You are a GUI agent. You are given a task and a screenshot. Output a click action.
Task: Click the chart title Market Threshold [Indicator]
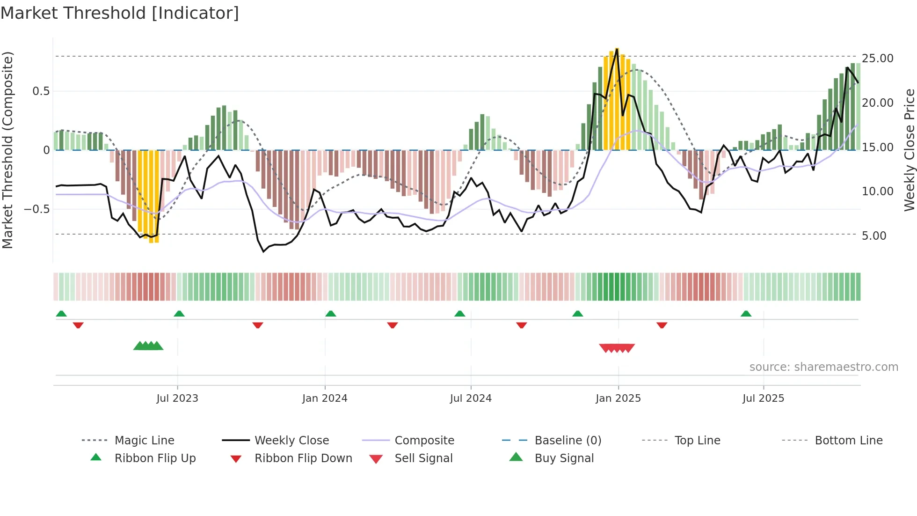tap(120, 13)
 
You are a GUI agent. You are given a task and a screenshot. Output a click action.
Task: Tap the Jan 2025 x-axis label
tap(618, 398)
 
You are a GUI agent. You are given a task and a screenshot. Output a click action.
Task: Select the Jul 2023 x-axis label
tap(177, 398)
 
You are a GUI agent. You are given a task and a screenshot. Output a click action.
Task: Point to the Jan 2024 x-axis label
tap(325, 398)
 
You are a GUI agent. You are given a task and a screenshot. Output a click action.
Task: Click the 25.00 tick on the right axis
tap(877, 59)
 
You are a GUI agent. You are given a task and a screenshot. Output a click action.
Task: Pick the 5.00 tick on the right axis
tap(874, 236)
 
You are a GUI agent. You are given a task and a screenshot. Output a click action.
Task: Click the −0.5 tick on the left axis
tap(36, 209)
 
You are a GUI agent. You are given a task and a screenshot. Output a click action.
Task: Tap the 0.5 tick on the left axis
tap(41, 91)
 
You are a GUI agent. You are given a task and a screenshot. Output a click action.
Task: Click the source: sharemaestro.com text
tap(823, 367)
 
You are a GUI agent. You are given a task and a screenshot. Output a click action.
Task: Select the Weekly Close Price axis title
tap(909, 150)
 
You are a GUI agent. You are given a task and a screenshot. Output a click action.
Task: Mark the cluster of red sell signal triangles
tap(617, 348)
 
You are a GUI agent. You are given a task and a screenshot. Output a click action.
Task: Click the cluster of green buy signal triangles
tap(148, 346)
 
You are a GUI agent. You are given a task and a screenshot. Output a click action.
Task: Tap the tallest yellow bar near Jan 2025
tap(617, 98)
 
